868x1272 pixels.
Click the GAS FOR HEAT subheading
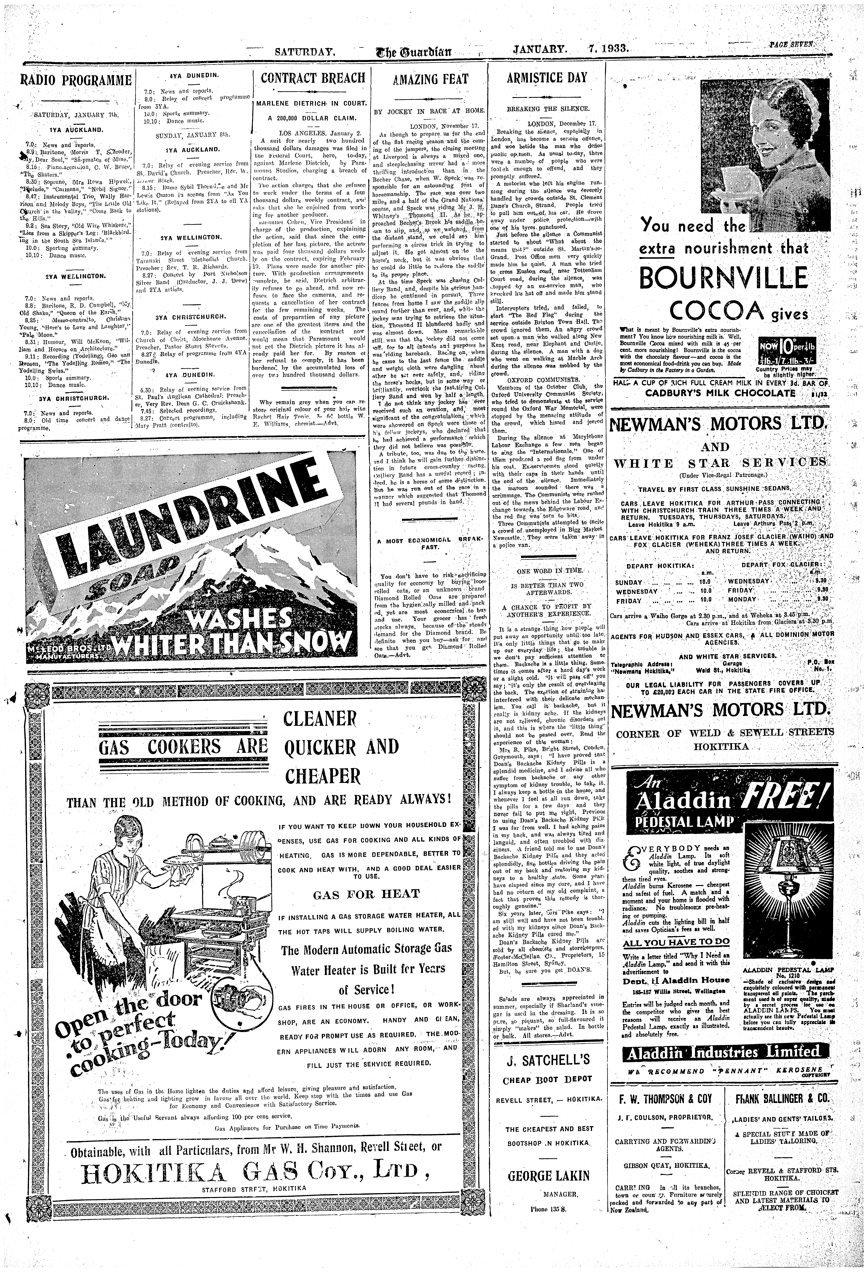pyautogui.click(x=366, y=894)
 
